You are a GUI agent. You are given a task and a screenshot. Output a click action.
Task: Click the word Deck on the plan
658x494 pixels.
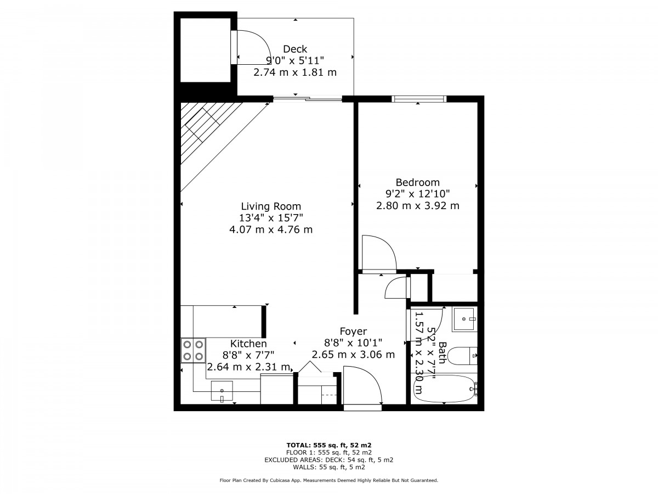pos(295,49)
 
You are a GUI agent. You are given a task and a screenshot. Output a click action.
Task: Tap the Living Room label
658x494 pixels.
pos(271,206)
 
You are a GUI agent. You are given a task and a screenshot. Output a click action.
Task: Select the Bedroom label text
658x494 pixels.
pos(418,182)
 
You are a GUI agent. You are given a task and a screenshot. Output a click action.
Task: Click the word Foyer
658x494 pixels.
pos(353,332)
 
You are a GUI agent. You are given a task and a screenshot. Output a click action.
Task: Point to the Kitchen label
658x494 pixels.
pos(248,344)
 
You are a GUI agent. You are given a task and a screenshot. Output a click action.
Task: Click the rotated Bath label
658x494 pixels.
pos(442,352)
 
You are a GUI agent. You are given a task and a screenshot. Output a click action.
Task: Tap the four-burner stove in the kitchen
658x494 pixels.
pos(193,350)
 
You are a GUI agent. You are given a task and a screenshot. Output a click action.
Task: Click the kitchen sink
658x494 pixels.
pos(222,391)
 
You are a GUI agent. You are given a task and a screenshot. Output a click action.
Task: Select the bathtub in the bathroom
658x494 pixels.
pos(445,389)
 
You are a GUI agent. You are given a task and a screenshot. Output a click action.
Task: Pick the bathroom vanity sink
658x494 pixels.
pos(464,319)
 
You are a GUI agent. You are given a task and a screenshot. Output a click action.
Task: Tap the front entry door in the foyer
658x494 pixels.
pos(362,385)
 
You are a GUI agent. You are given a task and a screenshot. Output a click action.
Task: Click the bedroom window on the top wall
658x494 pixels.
pos(419,99)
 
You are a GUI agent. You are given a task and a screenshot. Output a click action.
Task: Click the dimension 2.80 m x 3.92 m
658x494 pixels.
pos(418,206)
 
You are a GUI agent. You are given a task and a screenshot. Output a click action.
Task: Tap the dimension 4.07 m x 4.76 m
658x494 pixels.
pos(271,230)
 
